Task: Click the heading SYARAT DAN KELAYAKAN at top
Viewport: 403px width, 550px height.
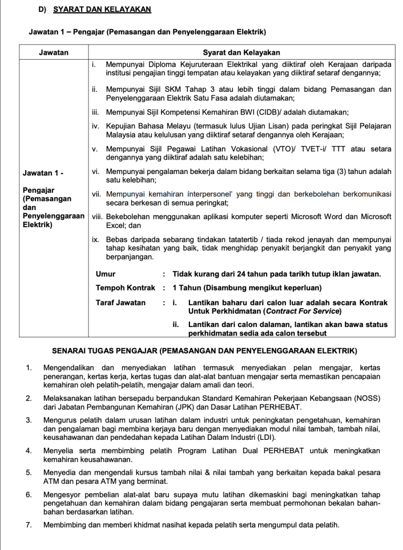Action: coord(102,9)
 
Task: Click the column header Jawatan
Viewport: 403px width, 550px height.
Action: coord(54,53)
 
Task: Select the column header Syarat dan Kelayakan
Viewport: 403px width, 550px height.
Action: coord(241,53)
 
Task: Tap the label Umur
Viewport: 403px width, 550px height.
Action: coord(106,274)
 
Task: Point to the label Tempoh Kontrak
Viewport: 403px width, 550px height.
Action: coord(125,288)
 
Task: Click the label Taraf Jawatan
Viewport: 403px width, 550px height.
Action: coord(121,302)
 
